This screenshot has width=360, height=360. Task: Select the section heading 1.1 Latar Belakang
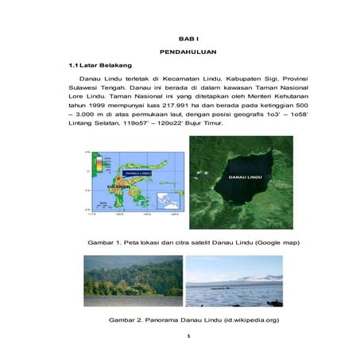point(100,64)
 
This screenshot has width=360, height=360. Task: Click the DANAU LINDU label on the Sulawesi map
point(138,172)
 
